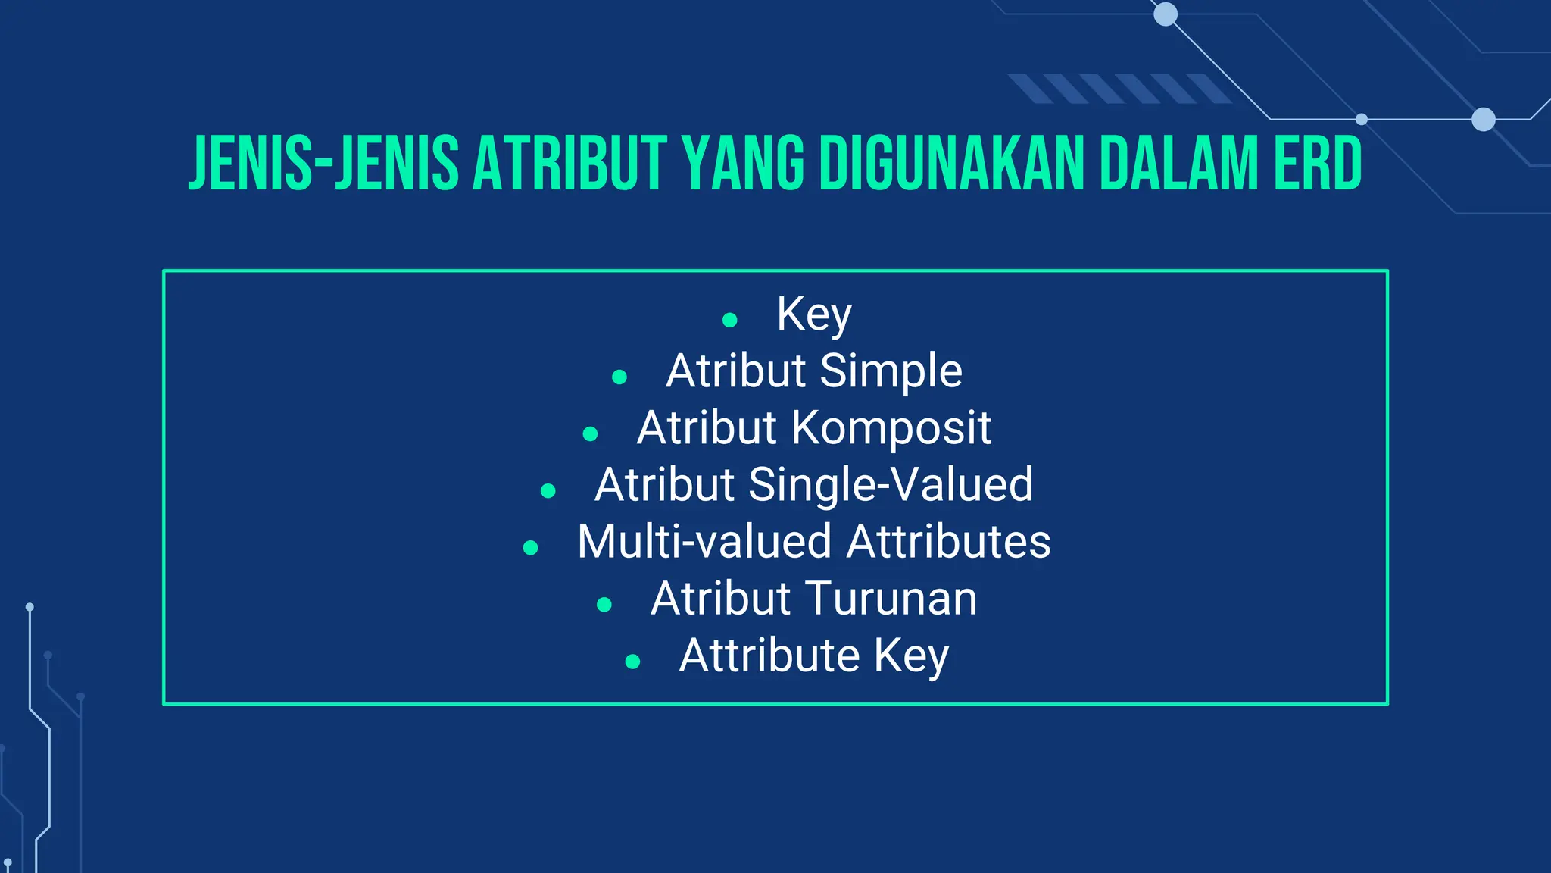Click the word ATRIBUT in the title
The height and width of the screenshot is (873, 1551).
570,163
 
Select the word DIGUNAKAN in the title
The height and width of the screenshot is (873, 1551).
952,163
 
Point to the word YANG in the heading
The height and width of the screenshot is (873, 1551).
743,163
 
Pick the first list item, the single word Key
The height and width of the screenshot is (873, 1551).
814,314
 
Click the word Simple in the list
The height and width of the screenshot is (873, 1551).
891,371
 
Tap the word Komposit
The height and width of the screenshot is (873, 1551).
891,428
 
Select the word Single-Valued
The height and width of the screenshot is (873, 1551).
891,484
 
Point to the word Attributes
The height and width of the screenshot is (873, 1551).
949,542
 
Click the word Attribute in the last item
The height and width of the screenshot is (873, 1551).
769,655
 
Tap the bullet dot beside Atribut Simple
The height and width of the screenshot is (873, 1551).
619,377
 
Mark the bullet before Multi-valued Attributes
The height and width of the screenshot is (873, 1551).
531,547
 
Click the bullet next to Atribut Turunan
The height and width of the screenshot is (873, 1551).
604,604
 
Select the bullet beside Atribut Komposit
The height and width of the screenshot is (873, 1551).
591,433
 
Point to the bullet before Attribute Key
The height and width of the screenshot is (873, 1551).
633,662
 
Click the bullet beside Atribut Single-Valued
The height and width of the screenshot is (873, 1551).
548,490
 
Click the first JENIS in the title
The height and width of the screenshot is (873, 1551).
250,163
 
